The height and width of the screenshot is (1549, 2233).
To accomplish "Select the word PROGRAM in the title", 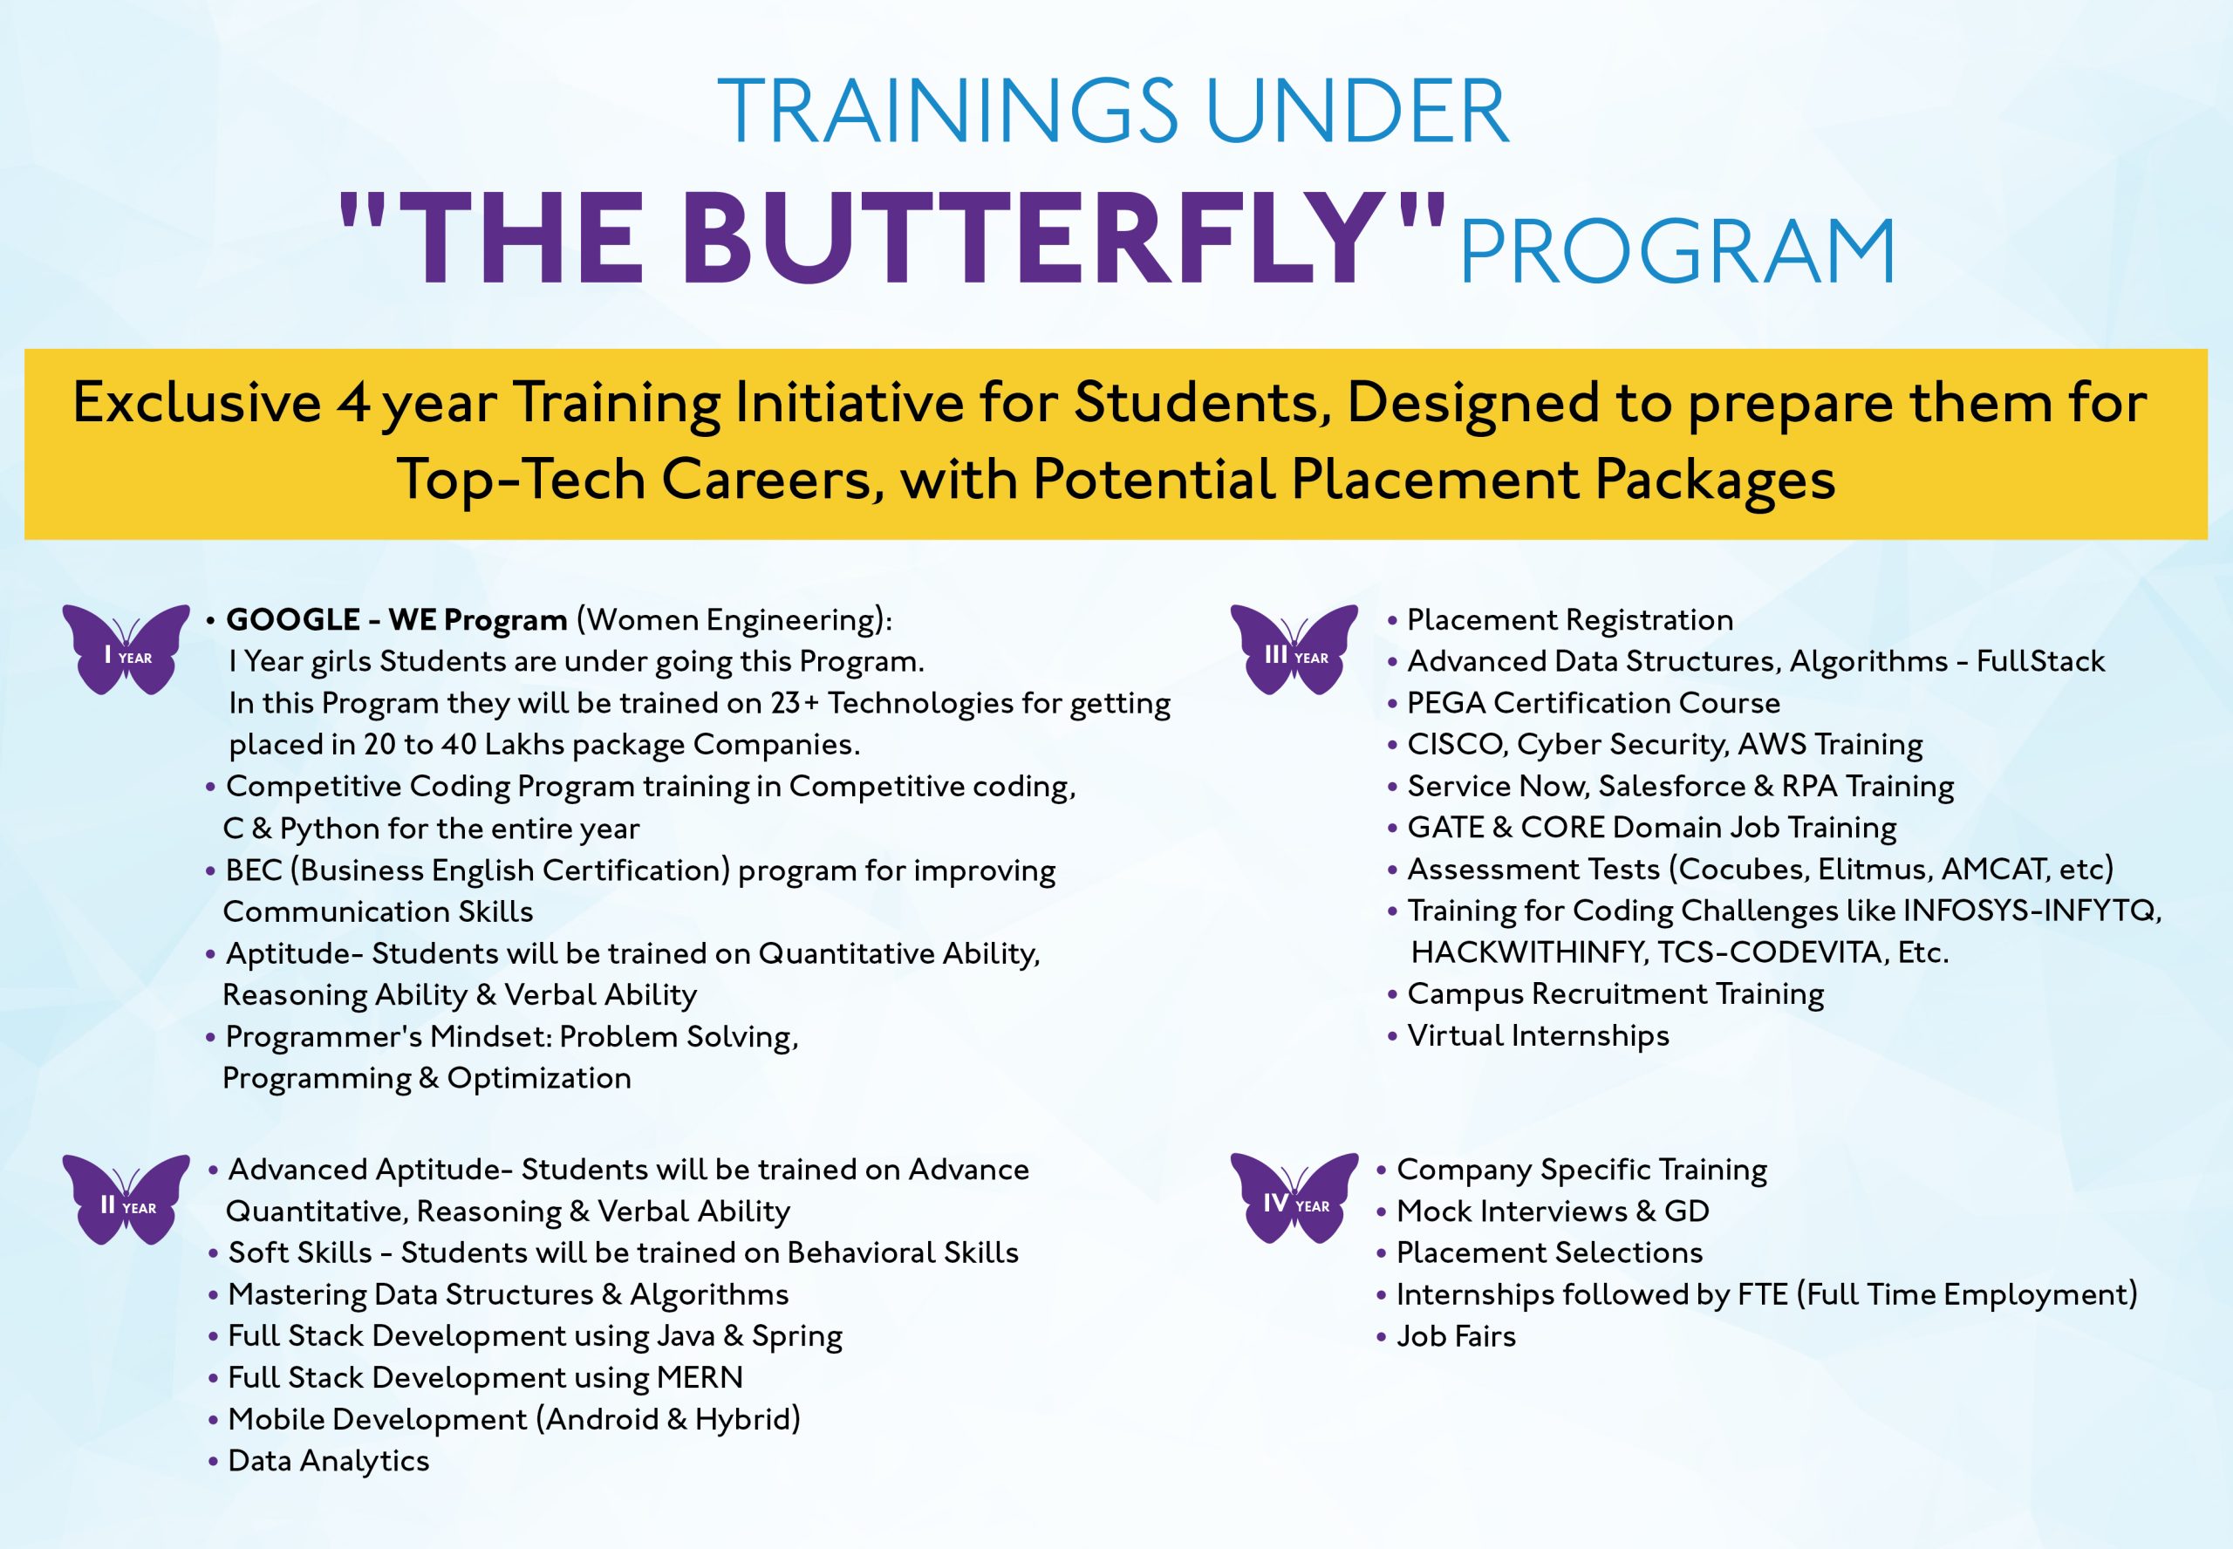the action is coord(1677,251).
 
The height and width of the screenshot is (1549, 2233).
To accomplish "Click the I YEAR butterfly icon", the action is coord(126,649).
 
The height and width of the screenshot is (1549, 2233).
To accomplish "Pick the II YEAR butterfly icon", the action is coord(126,1199).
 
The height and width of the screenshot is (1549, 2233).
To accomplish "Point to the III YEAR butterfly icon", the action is coord(1294,649).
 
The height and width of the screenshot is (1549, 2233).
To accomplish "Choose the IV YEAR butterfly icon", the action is coord(1294,1198).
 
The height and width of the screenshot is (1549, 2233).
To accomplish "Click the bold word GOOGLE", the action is coord(293,619).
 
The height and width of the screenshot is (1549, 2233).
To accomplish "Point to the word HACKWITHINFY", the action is coord(1528,952).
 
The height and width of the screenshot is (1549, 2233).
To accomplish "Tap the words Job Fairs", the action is coord(1456,1336).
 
